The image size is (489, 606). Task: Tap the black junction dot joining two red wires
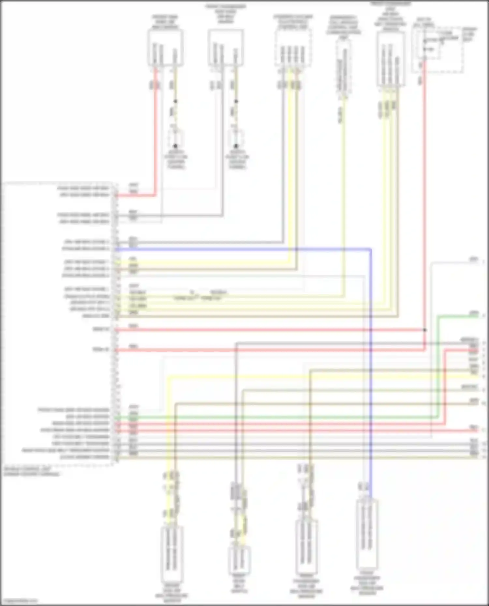point(424,330)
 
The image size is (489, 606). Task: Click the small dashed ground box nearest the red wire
point(176,138)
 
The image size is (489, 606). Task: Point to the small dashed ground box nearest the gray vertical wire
point(237,138)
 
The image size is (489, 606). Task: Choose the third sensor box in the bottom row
point(306,547)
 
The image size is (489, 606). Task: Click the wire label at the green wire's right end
point(474,313)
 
